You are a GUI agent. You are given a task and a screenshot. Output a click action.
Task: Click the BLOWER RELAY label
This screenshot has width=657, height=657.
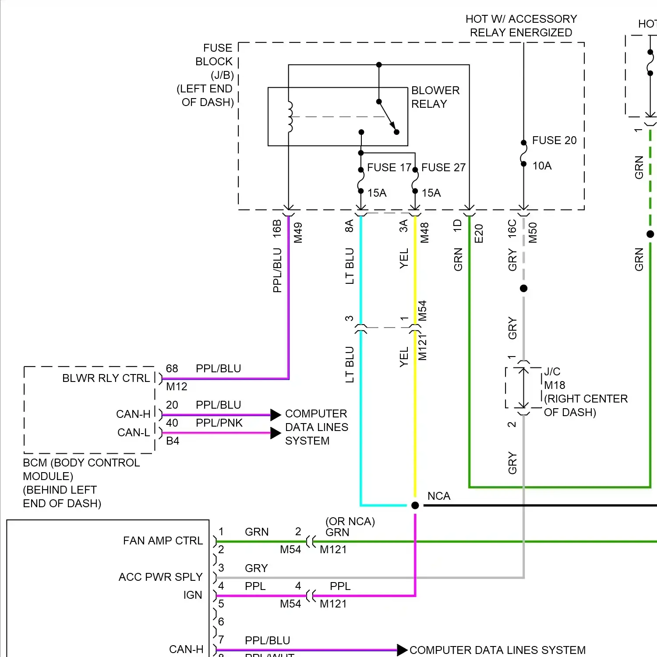coord(435,97)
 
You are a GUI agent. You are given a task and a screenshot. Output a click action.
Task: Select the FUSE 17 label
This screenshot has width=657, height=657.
coord(389,167)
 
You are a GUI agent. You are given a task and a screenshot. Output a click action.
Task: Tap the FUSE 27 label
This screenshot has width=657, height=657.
coord(443,167)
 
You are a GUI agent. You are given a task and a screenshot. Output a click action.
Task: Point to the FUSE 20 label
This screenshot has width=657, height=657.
coord(554,140)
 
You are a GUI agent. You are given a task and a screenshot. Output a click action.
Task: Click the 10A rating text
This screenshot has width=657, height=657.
coord(542,166)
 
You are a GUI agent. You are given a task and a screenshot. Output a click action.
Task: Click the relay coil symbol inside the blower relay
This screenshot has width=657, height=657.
coord(290,117)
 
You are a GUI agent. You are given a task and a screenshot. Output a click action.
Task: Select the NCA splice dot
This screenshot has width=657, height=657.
coord(415,505)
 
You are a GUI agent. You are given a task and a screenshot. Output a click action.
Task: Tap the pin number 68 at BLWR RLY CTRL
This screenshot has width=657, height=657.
coord(172,368)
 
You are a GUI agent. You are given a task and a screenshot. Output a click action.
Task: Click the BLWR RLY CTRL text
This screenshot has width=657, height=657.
coord(106,378)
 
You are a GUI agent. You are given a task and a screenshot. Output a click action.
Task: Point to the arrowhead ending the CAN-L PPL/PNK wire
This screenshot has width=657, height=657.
coord(276,433)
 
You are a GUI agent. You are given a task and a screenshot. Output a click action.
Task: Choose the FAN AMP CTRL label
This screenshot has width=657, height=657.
coord(162,540)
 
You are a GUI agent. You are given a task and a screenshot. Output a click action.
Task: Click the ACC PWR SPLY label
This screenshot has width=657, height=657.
coord(160,577)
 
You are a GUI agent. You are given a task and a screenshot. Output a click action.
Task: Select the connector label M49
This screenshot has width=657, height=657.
coord(298,233)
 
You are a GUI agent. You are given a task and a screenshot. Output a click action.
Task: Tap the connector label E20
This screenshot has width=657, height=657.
coord(479,233)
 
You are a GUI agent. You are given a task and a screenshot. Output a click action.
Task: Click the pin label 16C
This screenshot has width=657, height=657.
coord(512,229)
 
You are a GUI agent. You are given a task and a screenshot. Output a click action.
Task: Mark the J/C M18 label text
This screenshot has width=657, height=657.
coord(554,378)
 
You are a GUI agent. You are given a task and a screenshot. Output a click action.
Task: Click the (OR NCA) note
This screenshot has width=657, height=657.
coord(350,521)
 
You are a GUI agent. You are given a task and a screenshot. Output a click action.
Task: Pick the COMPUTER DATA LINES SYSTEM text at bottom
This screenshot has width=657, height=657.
coord(497,650)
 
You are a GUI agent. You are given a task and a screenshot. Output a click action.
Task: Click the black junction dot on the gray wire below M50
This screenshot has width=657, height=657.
coord(523,288)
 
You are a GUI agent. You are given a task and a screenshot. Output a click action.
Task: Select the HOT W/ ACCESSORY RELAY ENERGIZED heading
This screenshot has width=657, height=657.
coord(521,25)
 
